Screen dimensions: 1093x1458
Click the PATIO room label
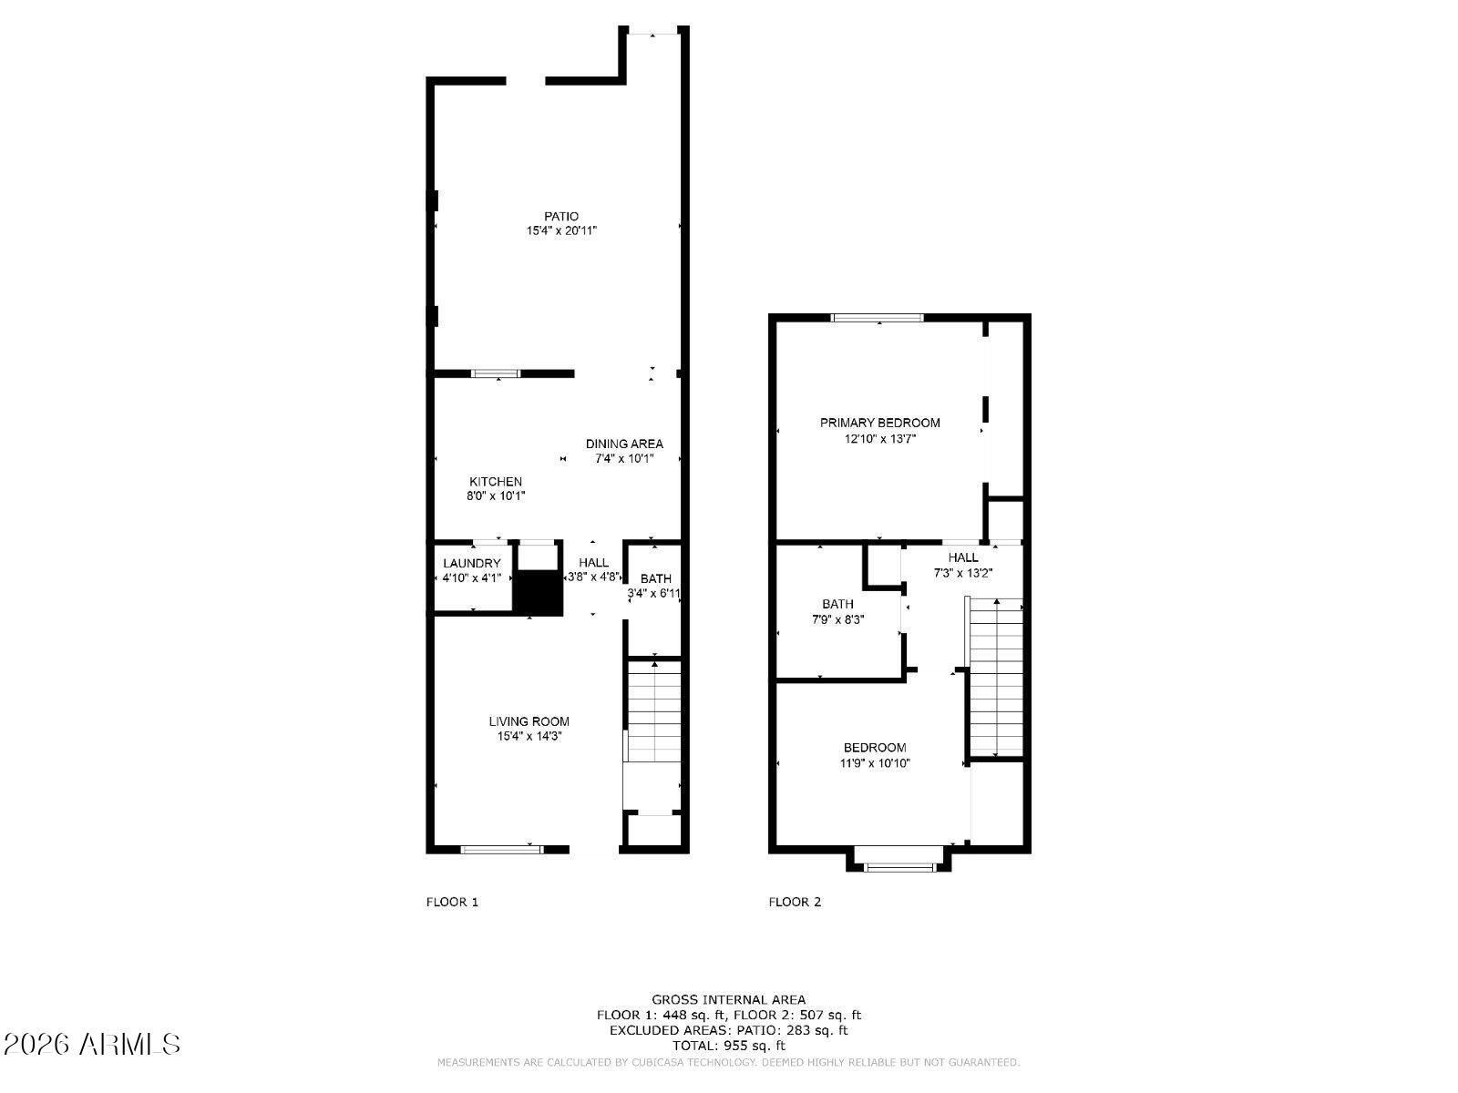coord(561,217)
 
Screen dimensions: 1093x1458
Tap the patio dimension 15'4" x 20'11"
coord(561,231)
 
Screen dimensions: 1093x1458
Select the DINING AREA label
coord(624,444)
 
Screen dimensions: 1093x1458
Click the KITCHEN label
coord(496,482)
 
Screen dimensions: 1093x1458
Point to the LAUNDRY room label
coord(472,564)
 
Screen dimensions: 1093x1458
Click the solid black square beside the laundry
coord(539,593)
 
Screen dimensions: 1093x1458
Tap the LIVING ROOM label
coord(529,721)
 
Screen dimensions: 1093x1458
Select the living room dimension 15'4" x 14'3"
coord(529,736)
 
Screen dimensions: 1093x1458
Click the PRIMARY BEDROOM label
coord(879,423)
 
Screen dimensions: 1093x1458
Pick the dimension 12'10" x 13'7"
coord(879,438)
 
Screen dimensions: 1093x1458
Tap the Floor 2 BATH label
coord(837,604)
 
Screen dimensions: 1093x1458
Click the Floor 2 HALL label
coord(963,557)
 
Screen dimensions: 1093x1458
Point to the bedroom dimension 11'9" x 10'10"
coord(875,763)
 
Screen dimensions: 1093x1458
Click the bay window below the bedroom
coord(899,866)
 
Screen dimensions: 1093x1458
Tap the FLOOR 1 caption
coord(452,903)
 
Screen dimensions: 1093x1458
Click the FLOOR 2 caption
coord(795,903)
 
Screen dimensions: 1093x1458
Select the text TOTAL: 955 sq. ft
coord(728,1046)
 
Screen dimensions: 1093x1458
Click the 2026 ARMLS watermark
coord(92,1044)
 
